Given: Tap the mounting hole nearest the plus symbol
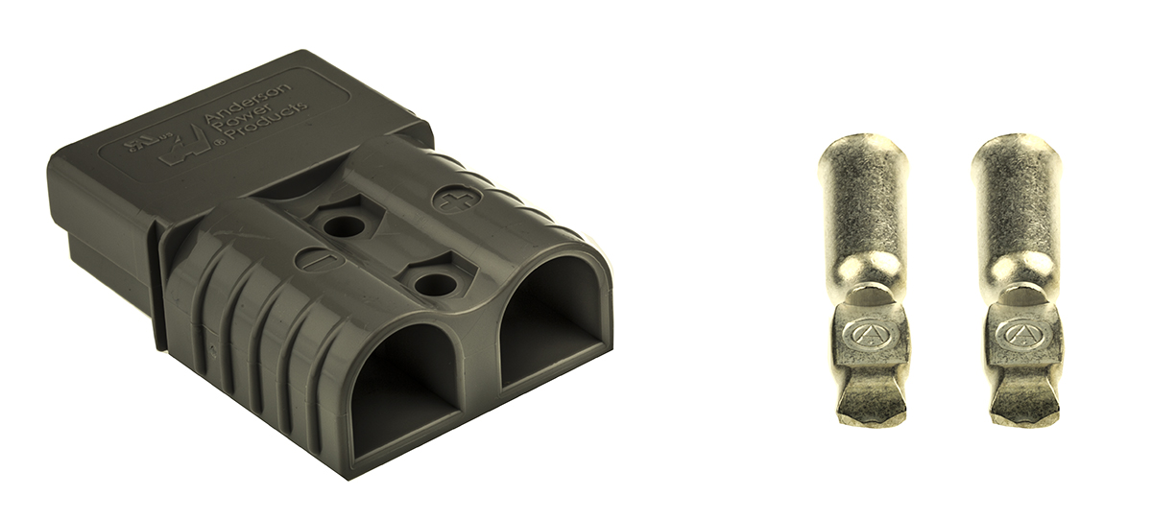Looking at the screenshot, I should point(343,226).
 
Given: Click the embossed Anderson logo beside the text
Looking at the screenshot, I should point(187,149).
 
